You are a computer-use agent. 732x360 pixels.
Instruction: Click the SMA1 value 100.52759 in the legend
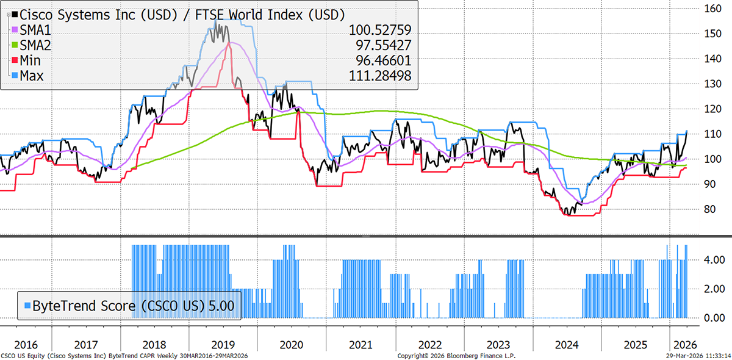click(x=380, y=30)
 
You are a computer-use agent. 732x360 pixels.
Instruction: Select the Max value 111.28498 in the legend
click(x=380, y=76)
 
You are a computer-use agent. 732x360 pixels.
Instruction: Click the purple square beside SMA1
click(x=15, y=29)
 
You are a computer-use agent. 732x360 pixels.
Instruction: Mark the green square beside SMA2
click(x=15, y=45)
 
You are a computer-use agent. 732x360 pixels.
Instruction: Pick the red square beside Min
click(x=15, y=60)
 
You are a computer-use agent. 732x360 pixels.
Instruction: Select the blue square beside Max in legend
click(x=15, y=75)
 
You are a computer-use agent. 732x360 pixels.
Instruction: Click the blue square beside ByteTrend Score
click(x=27, y=304)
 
